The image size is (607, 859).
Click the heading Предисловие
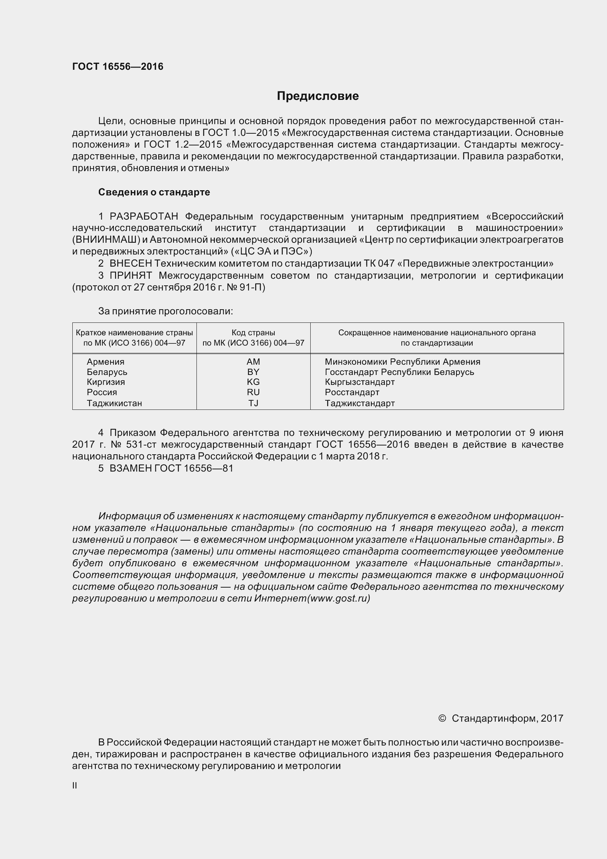tap(318, 96)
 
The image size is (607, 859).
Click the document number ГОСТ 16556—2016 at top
tap(118, 66)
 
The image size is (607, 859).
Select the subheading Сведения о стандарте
tap(154, 192)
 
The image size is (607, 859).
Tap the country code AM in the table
tap(253, 361)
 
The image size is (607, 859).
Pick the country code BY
tap(253, 372)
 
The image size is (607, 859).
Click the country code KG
tap(253, 382)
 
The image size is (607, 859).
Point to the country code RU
tap(253, 392)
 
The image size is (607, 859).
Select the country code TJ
tap(253, 403)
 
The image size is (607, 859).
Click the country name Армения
tap(105, 361)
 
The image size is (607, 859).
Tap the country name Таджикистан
tap(115, 403)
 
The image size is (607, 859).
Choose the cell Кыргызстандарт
tap(359, 382)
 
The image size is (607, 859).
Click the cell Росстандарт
tap(352, 392)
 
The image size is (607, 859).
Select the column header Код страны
tap(253, 333)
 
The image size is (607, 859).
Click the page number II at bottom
tap(75, 786)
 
